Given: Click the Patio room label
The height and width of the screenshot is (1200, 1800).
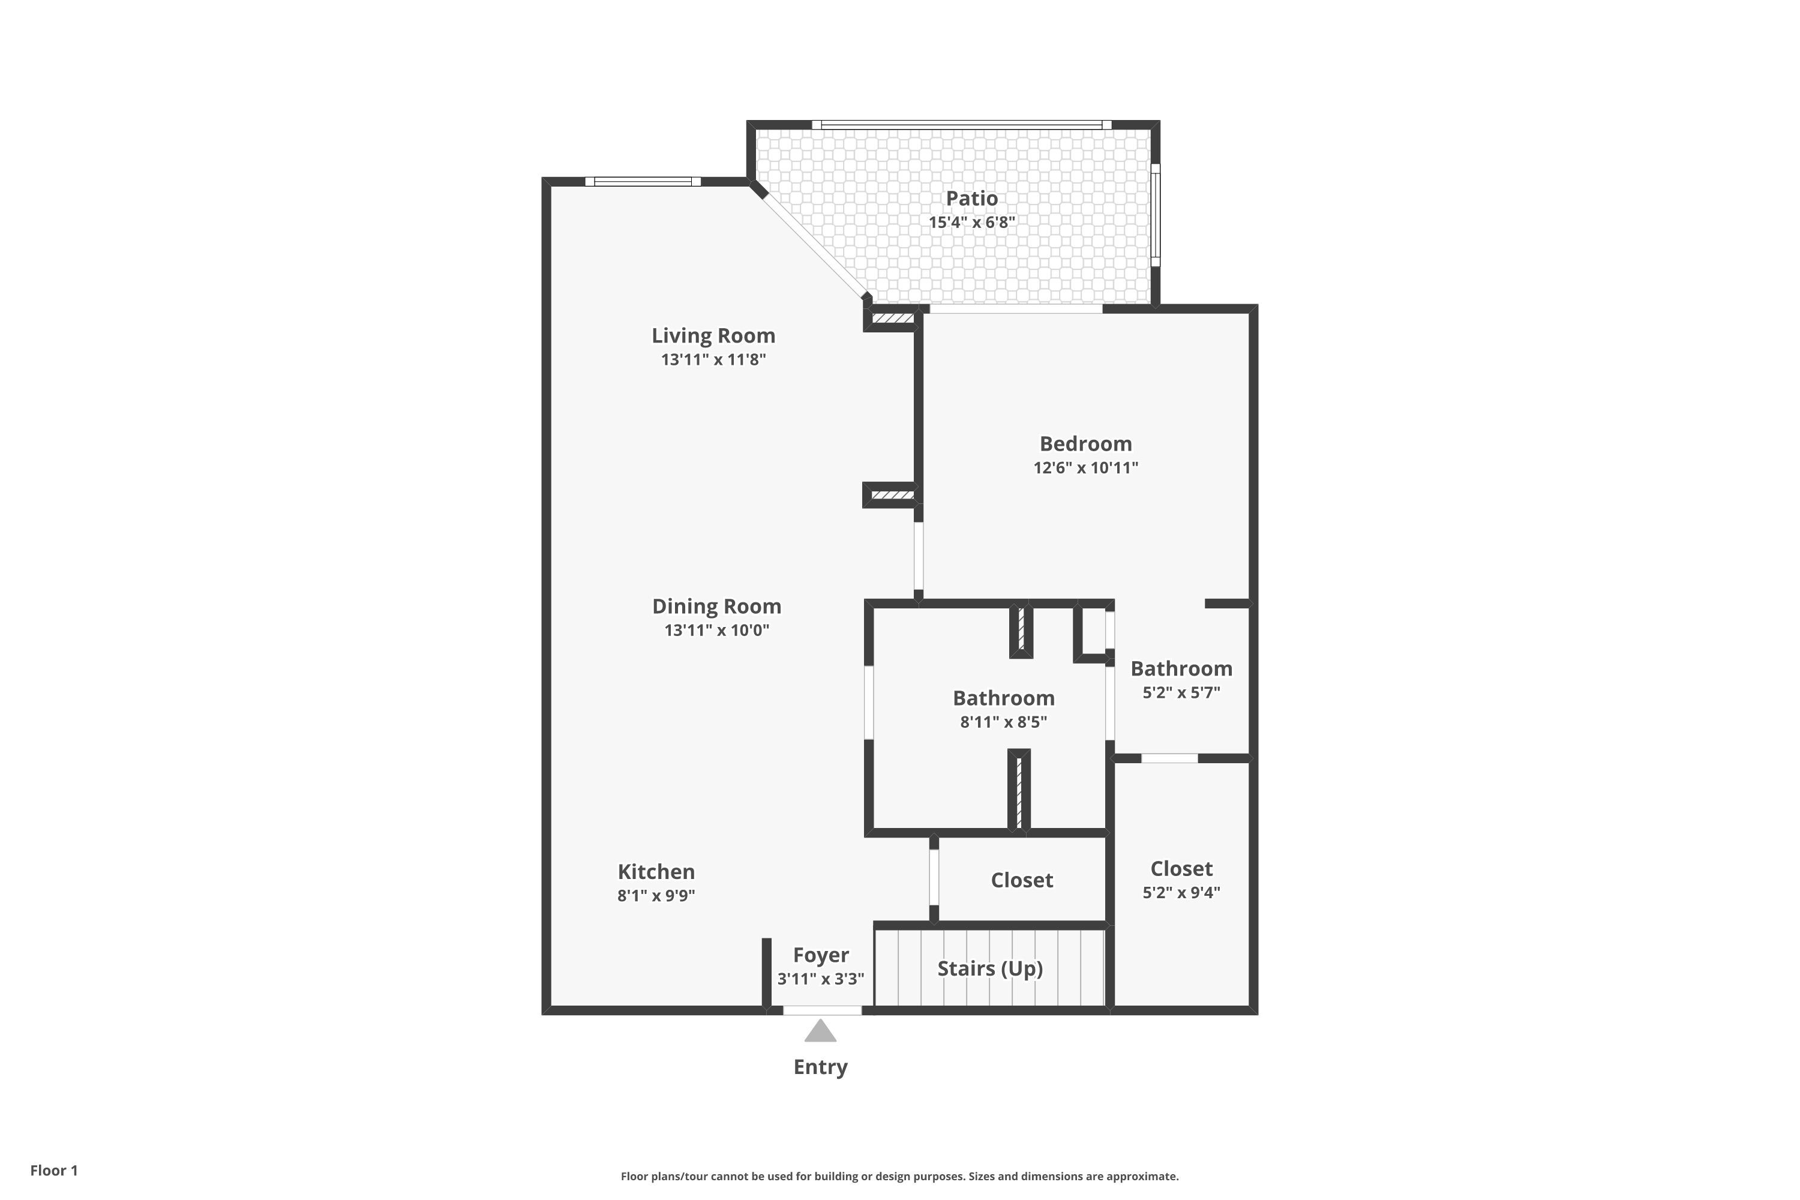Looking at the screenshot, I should point(971,198).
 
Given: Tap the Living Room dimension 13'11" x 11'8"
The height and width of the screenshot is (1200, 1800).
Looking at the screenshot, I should point(713,359).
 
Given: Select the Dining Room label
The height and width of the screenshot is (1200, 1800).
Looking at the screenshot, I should point(716,606).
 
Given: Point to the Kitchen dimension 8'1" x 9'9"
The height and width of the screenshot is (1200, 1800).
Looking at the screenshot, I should point(656,895).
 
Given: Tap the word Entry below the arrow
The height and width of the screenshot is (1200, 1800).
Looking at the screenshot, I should point(820,1067).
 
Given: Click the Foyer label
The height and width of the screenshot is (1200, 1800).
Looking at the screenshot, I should point(820,955).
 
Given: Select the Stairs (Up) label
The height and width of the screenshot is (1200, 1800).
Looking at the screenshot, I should point(989,968).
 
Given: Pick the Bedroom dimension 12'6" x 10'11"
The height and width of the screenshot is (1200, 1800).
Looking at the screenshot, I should point(1085,467).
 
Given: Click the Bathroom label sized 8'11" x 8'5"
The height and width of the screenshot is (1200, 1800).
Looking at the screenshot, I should point(1003,698).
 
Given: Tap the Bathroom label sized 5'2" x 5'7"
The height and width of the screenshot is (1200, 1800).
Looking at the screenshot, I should point(1181,669).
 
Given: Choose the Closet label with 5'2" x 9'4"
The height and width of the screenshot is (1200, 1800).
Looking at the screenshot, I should point(1181,869).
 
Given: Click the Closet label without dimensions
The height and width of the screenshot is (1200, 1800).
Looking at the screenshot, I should point(1022,880).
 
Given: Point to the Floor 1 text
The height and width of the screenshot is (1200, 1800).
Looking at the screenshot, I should point(53,1170).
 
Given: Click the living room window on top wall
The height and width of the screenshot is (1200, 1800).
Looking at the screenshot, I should point(643,181).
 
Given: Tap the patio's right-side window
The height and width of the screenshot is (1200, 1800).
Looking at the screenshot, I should point(1156,214).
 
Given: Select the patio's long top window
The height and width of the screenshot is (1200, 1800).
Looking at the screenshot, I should point(961,124).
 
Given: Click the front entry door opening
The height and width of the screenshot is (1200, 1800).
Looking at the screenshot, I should point(822,1010).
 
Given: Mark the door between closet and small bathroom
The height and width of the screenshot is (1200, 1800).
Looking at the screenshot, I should point(1169,758).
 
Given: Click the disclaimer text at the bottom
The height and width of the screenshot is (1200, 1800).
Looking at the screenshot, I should point(899,1176).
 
